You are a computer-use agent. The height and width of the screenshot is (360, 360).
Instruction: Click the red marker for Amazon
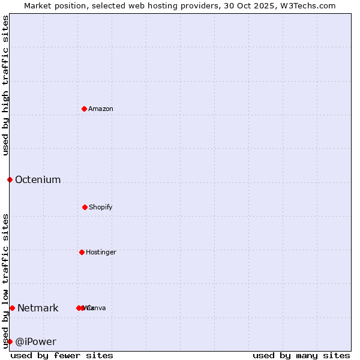click(85, 109)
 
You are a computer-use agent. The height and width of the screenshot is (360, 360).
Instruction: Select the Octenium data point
click(10, 179)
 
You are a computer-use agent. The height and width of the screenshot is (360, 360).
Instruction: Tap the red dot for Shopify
click(85, 207)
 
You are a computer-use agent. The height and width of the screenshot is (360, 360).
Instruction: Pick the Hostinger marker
click(82, 252)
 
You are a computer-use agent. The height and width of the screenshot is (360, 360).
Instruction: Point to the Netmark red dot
click(12, 308)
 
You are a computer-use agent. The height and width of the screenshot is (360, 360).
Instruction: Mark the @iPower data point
click(10, 341)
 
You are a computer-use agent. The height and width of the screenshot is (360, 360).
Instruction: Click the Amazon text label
click(101, 109)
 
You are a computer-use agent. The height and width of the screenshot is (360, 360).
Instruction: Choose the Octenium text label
click(38, 179)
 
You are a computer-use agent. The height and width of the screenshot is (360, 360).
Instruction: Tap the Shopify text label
click(101, 207)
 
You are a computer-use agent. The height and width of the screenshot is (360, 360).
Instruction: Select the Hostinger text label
click(101, 252)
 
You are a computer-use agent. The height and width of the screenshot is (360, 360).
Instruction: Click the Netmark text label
click(38, 308)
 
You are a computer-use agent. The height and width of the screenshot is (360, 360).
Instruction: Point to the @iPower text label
click(35, 341)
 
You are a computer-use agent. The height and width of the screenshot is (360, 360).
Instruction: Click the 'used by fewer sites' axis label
click(62, 355)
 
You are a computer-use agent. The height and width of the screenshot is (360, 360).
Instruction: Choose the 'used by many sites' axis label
click(301, 355)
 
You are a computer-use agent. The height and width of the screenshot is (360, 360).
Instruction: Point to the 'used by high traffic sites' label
click(5, 85)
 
